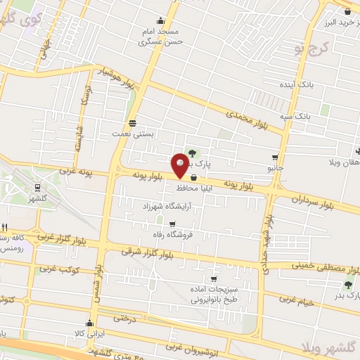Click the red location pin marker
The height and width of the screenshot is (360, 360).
click(180, 163)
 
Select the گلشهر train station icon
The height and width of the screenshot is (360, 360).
click(37, 187)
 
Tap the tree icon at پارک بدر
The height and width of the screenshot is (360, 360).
click(347, 285)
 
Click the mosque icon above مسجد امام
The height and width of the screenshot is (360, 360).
click(161, 20)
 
